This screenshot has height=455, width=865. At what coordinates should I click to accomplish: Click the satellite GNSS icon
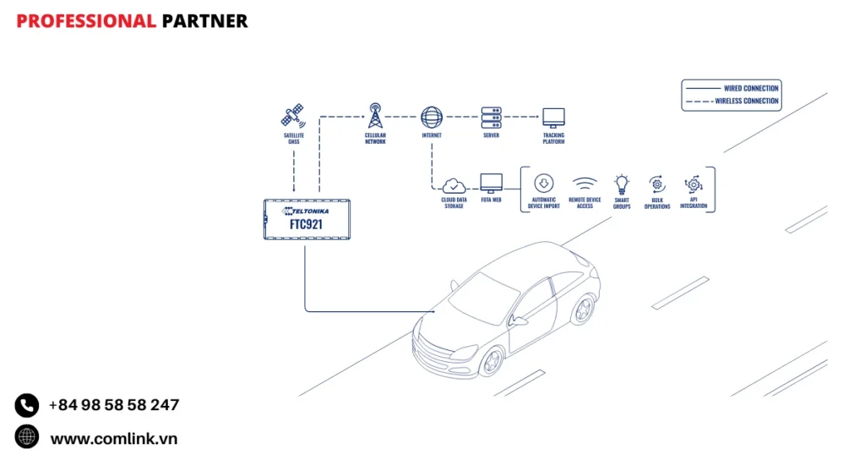tap(293, 115)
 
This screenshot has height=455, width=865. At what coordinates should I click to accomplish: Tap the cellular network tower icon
tap(375, 115)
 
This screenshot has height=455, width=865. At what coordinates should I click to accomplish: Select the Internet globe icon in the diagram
tap(432, 116)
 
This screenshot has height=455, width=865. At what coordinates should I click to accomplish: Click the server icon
tap(492, 117)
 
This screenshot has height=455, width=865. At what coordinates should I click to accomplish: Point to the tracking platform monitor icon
tap(553, 117)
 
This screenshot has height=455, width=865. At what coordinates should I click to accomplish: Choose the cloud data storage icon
tap(454, 184)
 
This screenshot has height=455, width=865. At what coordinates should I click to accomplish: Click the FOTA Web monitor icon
tap(491, 184)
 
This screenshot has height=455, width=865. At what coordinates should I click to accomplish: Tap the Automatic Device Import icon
tap(544, 183)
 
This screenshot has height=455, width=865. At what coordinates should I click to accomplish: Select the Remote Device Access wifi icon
tap(585, 184)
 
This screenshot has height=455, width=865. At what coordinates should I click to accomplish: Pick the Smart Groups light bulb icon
tap(622, 184)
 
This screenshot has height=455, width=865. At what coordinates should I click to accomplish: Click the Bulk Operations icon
tap(657, 184)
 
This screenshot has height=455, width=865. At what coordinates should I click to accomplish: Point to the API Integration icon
tap(693, 184)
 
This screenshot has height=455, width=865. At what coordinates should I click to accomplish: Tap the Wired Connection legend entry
tap(732, 88)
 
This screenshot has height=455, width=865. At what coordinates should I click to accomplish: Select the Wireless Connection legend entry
tap(732, 101)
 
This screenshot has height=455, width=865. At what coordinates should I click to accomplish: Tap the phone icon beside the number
tap(27, 405)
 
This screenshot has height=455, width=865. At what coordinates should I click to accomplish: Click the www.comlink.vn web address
tap(113, 438)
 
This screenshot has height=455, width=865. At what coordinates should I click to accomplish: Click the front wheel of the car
tap(490, 362)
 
